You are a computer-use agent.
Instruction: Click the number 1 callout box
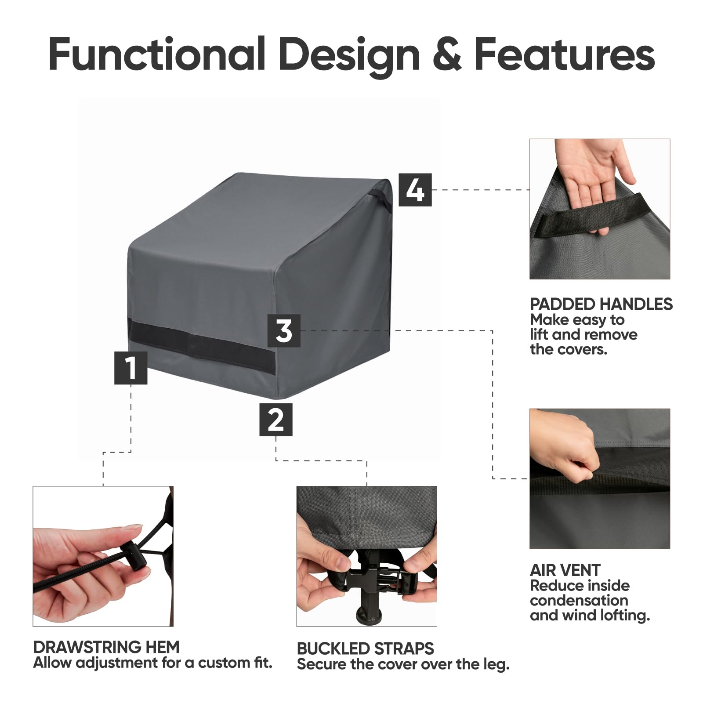coord(130,368)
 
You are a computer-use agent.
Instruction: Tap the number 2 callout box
coord(275,420)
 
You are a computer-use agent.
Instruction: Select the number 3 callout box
coord(284,330)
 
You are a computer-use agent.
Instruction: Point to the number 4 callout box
coord(415,190)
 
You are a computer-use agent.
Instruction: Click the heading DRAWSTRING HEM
coord(106,647)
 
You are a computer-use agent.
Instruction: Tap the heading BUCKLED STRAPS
coord(365,649)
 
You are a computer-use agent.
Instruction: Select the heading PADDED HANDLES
coord(601,304)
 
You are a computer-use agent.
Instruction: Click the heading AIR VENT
coord(565,570)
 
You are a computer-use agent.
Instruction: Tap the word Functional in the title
coord(157,55)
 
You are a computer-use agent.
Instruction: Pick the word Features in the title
coord(564,55)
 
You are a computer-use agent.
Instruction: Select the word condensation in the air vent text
coord(579,600)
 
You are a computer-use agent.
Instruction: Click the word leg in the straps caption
coord(496,664)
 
